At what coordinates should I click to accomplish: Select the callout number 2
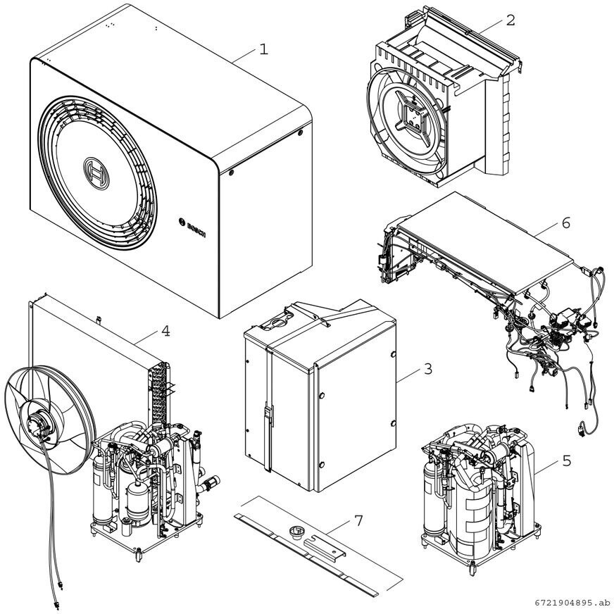510,20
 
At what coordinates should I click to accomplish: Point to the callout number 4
165,330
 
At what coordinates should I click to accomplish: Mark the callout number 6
565,223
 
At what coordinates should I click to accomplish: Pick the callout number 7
358,520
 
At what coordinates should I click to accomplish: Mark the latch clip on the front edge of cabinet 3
267,415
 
